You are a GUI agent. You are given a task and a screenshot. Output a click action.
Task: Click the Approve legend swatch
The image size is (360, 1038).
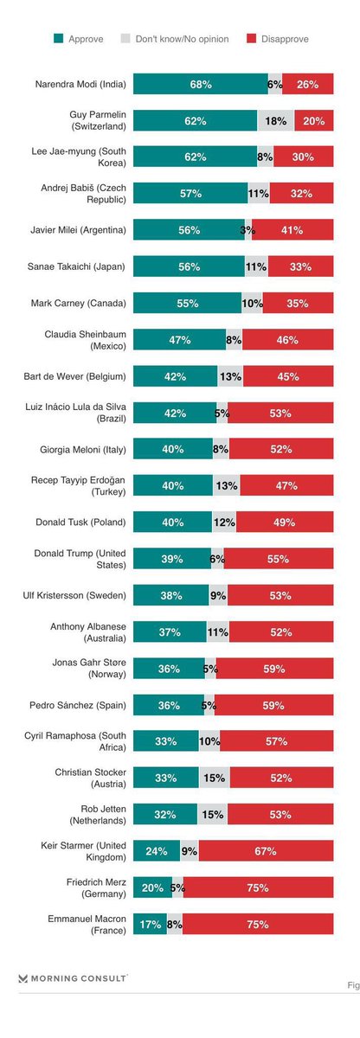pyautogui.click(x=58, y=38)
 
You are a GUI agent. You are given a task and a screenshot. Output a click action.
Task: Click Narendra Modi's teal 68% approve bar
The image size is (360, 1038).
pyautogui.click(x=201, y=84)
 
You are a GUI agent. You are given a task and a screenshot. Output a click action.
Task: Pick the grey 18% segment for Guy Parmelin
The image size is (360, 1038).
pyautogui.click(x=276, y=120)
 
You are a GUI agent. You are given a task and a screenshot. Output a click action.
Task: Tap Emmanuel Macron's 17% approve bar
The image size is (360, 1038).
pyautogui.click(x=151, y=924)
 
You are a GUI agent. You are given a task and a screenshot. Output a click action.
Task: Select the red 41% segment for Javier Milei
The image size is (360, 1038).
pyautogui.click(x=292, y=230)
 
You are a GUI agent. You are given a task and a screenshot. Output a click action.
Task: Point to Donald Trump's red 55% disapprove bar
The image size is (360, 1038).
pyautogui.click(x=279, y=559)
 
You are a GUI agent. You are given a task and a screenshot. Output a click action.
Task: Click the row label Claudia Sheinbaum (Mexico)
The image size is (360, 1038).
pyautogui.click(x=85, y=340)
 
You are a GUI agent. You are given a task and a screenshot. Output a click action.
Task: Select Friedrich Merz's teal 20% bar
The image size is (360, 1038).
pyautogui.click(x=153, y=887)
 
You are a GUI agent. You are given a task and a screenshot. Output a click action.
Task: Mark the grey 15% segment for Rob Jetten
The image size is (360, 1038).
pyautogui.click(x=212, y=814)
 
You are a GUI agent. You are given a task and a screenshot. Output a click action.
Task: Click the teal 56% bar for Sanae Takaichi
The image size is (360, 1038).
pyautogui.click(x=190, y=266)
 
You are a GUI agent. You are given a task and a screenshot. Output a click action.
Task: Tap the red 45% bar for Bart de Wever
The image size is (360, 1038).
pyautogui.click(x=288, y=376)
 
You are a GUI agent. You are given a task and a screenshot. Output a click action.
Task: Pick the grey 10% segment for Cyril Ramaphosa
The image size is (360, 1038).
pyautogui.click(x=209, y=741)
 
